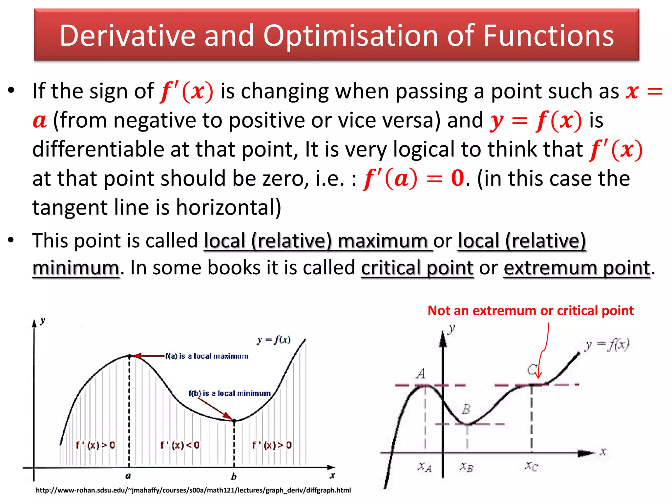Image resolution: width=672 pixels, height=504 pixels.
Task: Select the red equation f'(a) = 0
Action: coord(413,178)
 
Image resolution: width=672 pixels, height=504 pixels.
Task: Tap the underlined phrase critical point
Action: coord(417,268)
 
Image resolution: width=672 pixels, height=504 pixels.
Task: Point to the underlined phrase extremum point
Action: coord(577,268)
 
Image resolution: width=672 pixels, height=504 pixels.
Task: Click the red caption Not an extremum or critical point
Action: coord(531,310)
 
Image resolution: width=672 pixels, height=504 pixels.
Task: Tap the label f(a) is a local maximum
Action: coord(207,356)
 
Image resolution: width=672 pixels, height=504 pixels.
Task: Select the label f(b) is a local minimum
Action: coord(230,393)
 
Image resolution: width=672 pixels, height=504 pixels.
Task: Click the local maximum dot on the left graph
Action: coord(129,356)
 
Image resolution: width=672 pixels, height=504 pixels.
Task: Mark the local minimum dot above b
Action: coord(234,421)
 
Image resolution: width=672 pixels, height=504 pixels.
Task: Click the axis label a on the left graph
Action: coord(128,475)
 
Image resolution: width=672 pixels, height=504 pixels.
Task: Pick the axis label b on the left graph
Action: coord(234,476)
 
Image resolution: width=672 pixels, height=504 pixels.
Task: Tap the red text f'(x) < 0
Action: coord(179,445)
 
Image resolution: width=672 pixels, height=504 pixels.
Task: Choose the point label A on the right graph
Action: coord(421,373)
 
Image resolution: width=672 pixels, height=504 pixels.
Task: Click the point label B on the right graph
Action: coord(466,409)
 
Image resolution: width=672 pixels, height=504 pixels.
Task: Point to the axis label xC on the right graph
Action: coord(531,466)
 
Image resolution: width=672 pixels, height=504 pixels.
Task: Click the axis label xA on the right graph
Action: coord(425,467)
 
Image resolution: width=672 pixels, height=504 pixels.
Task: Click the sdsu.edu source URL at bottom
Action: coord(193,490)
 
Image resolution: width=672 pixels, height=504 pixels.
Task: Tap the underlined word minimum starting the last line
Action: coord(75,268)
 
